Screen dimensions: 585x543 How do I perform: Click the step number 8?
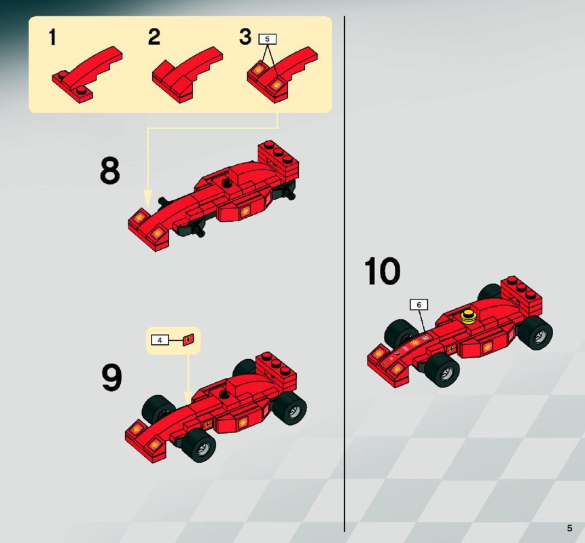(110, 170)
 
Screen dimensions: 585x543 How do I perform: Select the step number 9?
(112, 377)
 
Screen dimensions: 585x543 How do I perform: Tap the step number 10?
(382, 271)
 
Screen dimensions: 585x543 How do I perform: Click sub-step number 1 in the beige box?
(52, 37)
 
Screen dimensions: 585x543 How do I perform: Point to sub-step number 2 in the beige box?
(154, 37)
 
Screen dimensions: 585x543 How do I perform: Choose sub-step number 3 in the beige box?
(245, 37)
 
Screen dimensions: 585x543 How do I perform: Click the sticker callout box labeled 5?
(267, 39)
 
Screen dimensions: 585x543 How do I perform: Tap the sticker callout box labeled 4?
(160, 340)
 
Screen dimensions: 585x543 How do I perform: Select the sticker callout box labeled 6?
(419, 305)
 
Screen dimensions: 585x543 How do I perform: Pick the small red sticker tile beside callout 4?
(188, 339)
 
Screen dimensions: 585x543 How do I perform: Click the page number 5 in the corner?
(569, 528)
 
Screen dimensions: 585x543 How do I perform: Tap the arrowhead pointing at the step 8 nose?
(148, 198)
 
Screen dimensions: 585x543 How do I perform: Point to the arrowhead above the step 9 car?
(188, 396)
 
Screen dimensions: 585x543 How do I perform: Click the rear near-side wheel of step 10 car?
(535, 332)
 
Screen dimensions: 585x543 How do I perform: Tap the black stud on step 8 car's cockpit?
(226, 183)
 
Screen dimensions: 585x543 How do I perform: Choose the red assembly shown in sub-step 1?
(88, 74)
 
